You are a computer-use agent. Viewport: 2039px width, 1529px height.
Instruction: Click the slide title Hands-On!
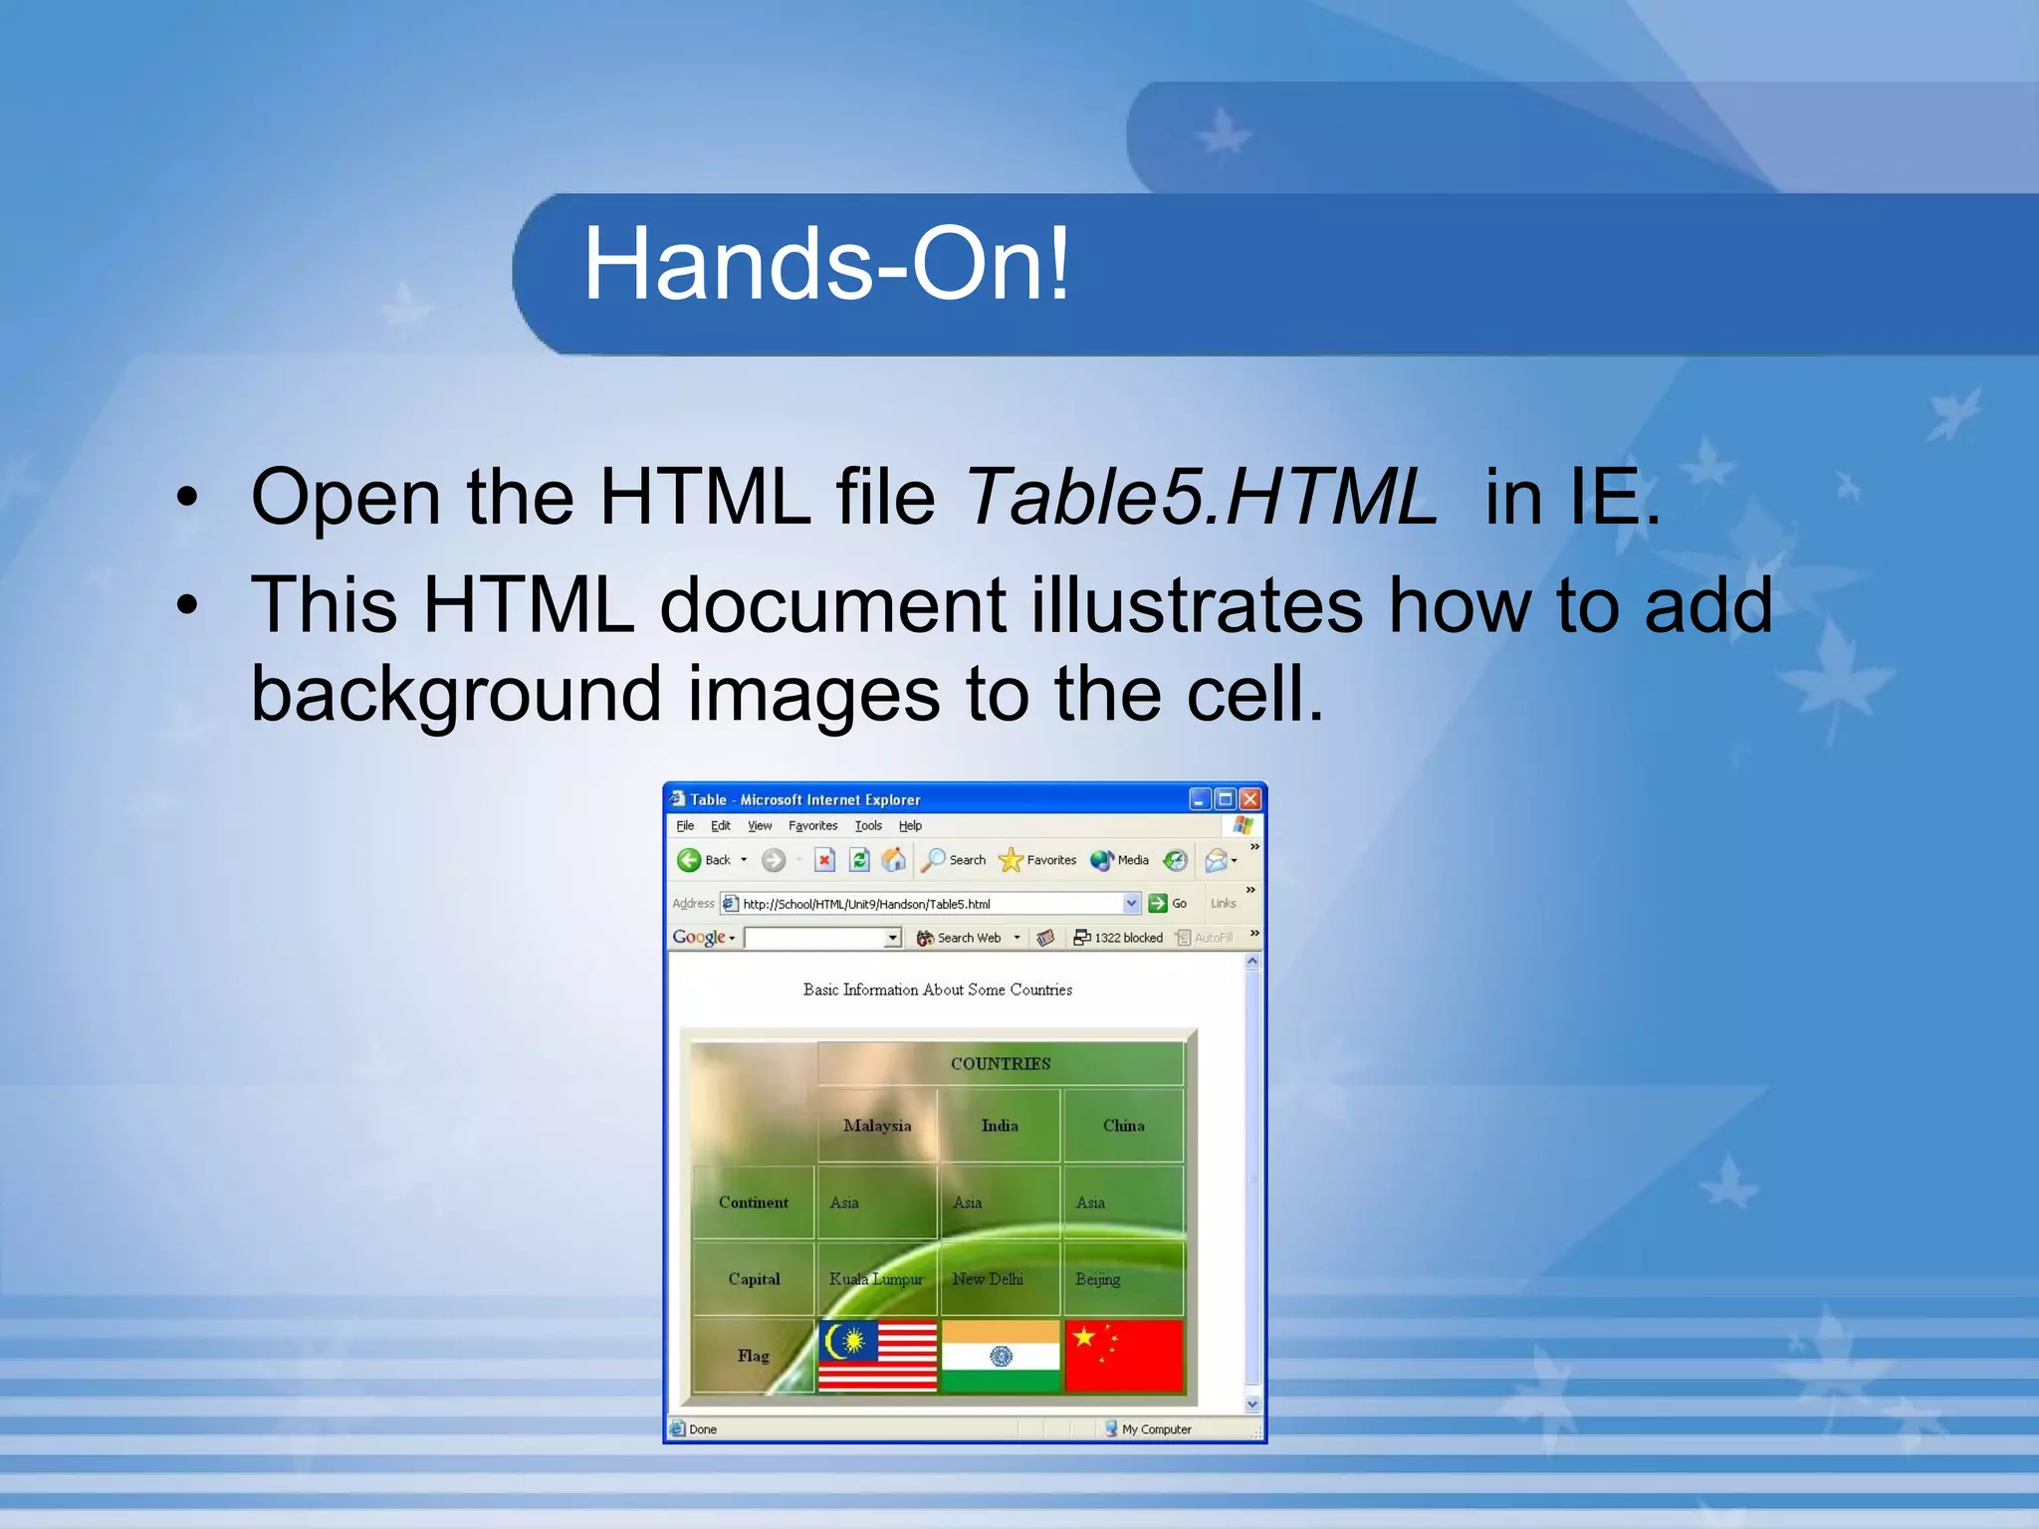(826, 265)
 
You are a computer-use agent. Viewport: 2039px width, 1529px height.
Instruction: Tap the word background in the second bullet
(456, 694)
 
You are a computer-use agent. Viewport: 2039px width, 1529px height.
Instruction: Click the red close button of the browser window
(1250, 799)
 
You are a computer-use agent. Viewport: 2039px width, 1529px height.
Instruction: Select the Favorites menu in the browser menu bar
(812, 826)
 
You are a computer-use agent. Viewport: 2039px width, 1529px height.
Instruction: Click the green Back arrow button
(689, 860)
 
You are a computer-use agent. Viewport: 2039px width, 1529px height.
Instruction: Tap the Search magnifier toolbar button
(934, 860)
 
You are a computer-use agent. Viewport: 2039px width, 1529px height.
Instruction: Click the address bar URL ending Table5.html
(866, 904)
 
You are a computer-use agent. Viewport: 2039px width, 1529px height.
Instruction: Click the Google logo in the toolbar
(698, 938)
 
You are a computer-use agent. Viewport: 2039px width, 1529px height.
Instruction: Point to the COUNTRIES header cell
(1000, 1064)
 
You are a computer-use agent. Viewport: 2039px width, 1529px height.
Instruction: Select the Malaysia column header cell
(876, 1126)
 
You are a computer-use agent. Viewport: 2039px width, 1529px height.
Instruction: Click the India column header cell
(1000, 1126)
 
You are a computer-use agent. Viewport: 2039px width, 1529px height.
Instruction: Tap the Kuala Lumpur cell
(875, 1279)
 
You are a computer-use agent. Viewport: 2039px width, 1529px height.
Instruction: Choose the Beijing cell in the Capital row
(1097, 1279)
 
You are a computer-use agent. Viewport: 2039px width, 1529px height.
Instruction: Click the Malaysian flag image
(877, 1355)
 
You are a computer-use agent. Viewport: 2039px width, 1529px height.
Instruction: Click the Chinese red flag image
(1123, 1355)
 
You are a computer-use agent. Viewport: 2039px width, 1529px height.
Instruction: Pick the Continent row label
(753, 1202)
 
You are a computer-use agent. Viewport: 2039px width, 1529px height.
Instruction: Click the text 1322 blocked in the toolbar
(1128, 938)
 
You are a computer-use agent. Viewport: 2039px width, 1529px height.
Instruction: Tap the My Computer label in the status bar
(1155, 1429)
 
